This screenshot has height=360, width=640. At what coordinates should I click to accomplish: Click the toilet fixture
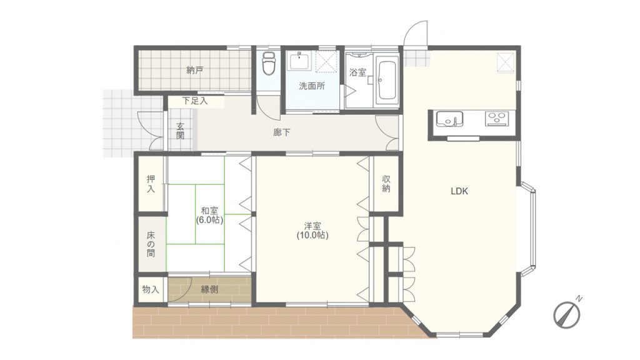point(269,63)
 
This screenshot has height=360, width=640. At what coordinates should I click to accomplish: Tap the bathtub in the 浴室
point(386,81)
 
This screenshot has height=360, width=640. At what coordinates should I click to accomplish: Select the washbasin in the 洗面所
point(301,61)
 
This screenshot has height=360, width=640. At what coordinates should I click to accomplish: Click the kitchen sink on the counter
point(449,119)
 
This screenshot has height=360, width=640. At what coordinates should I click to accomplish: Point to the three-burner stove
point(497,118)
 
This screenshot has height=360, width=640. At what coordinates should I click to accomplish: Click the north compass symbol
point(567,312)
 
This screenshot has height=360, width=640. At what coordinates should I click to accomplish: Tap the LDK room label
point(459,191)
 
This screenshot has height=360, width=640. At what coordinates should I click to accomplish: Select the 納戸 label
point(195,70)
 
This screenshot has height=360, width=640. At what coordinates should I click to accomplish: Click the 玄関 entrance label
point(181,131)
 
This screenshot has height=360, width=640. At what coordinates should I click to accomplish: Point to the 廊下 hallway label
point(282,132)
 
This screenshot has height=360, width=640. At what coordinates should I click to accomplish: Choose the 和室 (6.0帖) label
point(209,216)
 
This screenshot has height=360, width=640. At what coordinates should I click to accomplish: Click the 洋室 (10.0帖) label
point(312,231)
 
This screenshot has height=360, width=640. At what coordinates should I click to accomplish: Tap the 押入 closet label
point(151,184)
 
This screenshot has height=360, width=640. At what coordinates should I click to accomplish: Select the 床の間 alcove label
point(151,244)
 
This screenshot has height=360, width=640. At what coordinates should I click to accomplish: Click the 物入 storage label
point(151,290)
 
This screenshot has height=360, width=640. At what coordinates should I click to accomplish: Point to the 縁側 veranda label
point(209,289)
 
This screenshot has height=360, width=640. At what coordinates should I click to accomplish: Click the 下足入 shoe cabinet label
point(195,101)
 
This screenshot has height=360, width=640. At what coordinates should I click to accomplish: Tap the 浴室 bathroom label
point(358,72)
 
